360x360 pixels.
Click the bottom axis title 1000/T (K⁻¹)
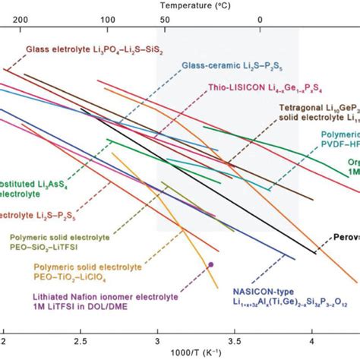point(182,352)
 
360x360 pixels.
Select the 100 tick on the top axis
point(108,20)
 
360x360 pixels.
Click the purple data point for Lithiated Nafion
point(210,264)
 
